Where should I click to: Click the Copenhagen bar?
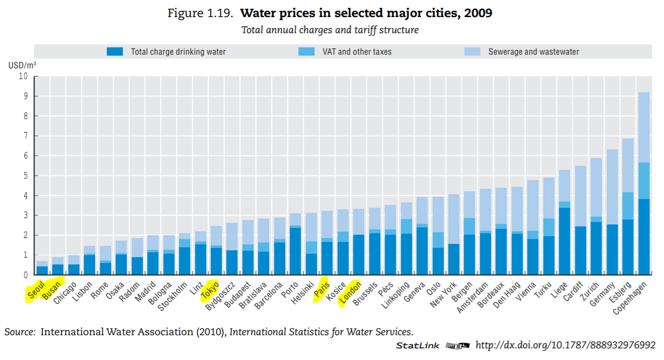click(644, 183)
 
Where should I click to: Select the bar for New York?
click(454, 235)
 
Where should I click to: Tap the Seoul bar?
click(42, 268)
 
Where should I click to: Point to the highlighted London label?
click(351, 292)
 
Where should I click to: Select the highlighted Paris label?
click(322, 290)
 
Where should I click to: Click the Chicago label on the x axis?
click(66, 292)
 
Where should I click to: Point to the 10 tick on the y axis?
click(23, 76)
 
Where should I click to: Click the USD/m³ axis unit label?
click(22, 65)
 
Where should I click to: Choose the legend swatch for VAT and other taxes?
click(307, 51)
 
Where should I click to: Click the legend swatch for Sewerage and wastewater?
click(472, 51)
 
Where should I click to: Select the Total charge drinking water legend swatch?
click(115, 51)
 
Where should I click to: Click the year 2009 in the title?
click(478, 13)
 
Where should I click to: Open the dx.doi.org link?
click(565, 345)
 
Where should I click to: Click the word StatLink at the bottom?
click(418, 345)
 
